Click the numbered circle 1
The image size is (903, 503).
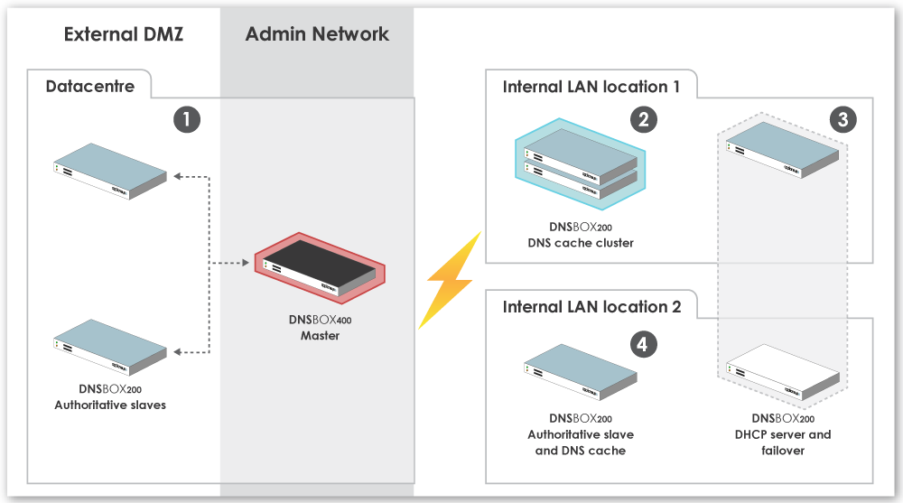coord(187,120)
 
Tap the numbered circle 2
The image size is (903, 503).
coord(644,120)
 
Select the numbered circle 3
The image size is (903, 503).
coord(843,120)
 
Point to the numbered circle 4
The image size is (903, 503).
coord(643,345)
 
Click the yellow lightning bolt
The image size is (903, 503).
coord(451,281)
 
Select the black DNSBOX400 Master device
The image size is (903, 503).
coord(321,268)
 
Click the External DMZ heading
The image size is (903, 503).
coord(123,34)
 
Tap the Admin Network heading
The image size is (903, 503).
coord(317,34)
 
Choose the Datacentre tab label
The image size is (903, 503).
coord(89,87)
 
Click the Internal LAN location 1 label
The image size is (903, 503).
coord(591,87)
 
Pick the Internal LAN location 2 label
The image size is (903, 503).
coord(591,306)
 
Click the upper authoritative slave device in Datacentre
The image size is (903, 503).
coord(110,171)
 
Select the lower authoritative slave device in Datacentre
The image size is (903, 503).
coord(110,347)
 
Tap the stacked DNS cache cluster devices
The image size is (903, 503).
coord(581,163)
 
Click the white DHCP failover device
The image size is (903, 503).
coord(783,372)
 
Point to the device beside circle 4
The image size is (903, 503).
coord(581,372)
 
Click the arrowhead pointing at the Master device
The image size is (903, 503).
coord(246,263)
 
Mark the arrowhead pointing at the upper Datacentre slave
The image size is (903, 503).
coord(178,176)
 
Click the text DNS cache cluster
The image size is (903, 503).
coord(581,243)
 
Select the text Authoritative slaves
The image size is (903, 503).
coord(110,405)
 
